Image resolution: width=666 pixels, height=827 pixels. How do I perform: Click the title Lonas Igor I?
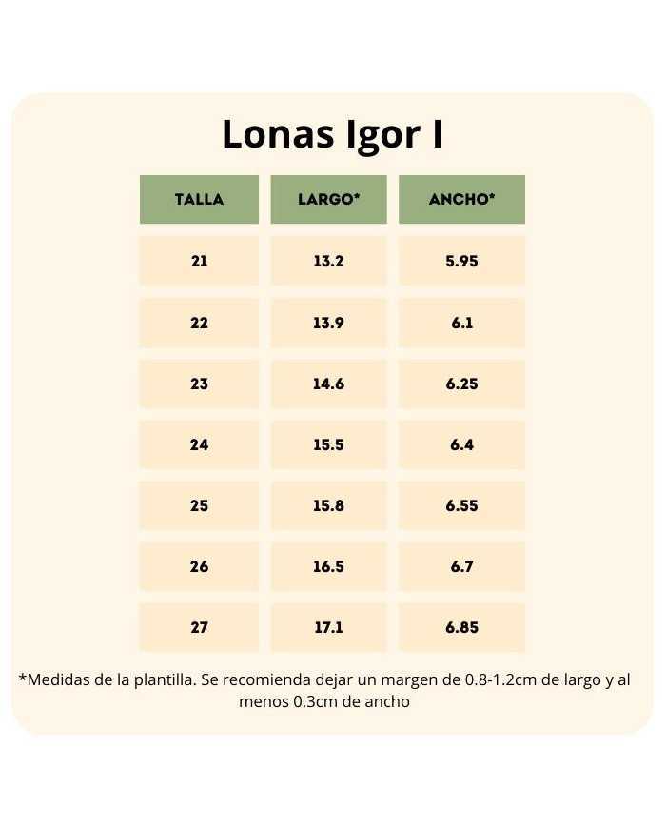[332, 135]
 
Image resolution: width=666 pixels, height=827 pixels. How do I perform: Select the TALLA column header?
[199, 200]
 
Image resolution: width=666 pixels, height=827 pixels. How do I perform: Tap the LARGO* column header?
[328, 200]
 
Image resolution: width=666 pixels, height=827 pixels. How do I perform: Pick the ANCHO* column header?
[461, 200]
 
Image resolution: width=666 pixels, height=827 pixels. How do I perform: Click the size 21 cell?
[199, 261]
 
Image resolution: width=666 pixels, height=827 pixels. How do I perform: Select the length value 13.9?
[328, 323]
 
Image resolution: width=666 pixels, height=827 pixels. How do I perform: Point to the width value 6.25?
[461, 384]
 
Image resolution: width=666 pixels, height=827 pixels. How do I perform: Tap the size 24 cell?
[199, 444]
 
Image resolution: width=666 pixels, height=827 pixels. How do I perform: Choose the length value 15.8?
[328, 505]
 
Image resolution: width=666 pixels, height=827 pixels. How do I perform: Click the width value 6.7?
[461, 566]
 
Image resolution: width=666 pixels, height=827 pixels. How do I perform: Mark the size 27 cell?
[199, 627]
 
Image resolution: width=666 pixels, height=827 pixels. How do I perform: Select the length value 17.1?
[328, 627]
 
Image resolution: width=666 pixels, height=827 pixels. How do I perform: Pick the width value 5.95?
[461, 261]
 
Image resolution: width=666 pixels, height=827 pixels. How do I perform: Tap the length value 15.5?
[328, 444]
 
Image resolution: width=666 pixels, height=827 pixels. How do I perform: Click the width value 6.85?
[461, 627]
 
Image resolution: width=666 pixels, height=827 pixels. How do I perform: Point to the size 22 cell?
[199, 323]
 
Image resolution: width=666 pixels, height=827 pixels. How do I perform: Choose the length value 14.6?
[328, 384]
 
